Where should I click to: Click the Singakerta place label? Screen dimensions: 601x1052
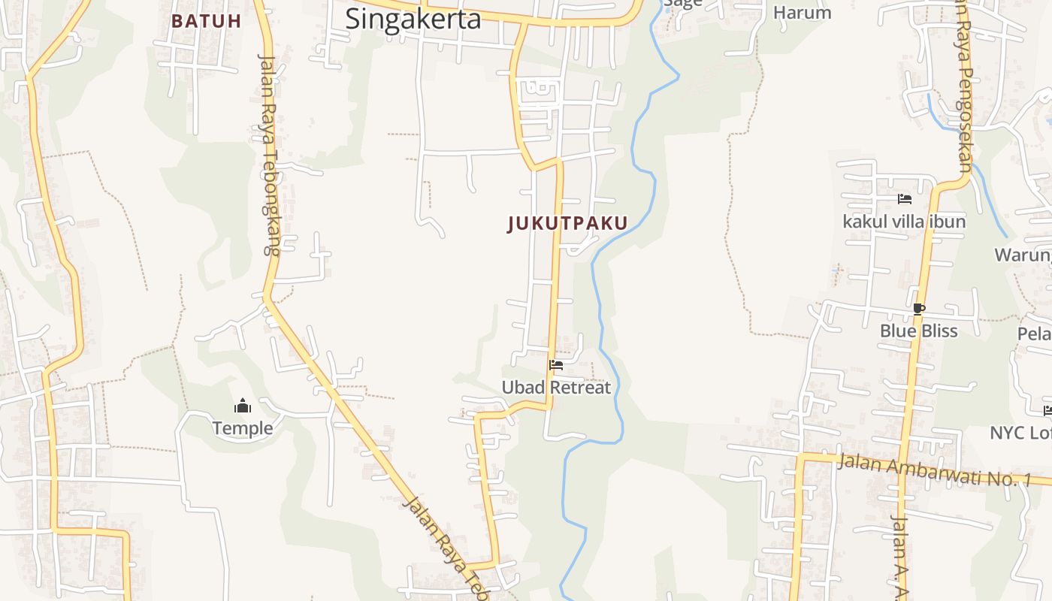click(413, 19)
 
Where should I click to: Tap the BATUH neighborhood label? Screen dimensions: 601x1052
click(206, 21)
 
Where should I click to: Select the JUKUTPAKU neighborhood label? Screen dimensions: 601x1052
click(567, 223)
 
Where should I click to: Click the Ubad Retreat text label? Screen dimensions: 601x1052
click(556, 388)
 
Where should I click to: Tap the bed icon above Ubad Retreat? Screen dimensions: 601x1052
click(556, 365)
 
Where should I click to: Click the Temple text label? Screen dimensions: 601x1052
click(242, 428)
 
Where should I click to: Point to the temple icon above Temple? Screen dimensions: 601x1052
click(243, 406)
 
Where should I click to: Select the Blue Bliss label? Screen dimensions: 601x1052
click(918, 331)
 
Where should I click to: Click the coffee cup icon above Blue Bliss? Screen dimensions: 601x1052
click(918, 308)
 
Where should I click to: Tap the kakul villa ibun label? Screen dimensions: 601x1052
click(904, 222)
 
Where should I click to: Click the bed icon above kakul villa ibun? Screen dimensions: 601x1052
click(905, 199)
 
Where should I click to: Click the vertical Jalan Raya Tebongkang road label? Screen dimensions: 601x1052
click(268, 154)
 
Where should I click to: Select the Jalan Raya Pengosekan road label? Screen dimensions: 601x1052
click(965, 86)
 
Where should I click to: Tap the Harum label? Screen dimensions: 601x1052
click(802, 13)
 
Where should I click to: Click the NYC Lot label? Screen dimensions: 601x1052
click(1020, 433)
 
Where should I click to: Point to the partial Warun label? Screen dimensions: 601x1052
click(1023, 255)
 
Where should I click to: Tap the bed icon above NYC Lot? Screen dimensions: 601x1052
click(1047, 410)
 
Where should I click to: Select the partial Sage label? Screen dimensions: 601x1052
click(682, 3)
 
